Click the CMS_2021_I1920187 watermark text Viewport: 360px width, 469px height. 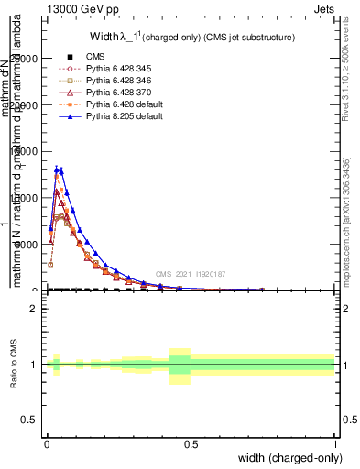coord(190,273)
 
